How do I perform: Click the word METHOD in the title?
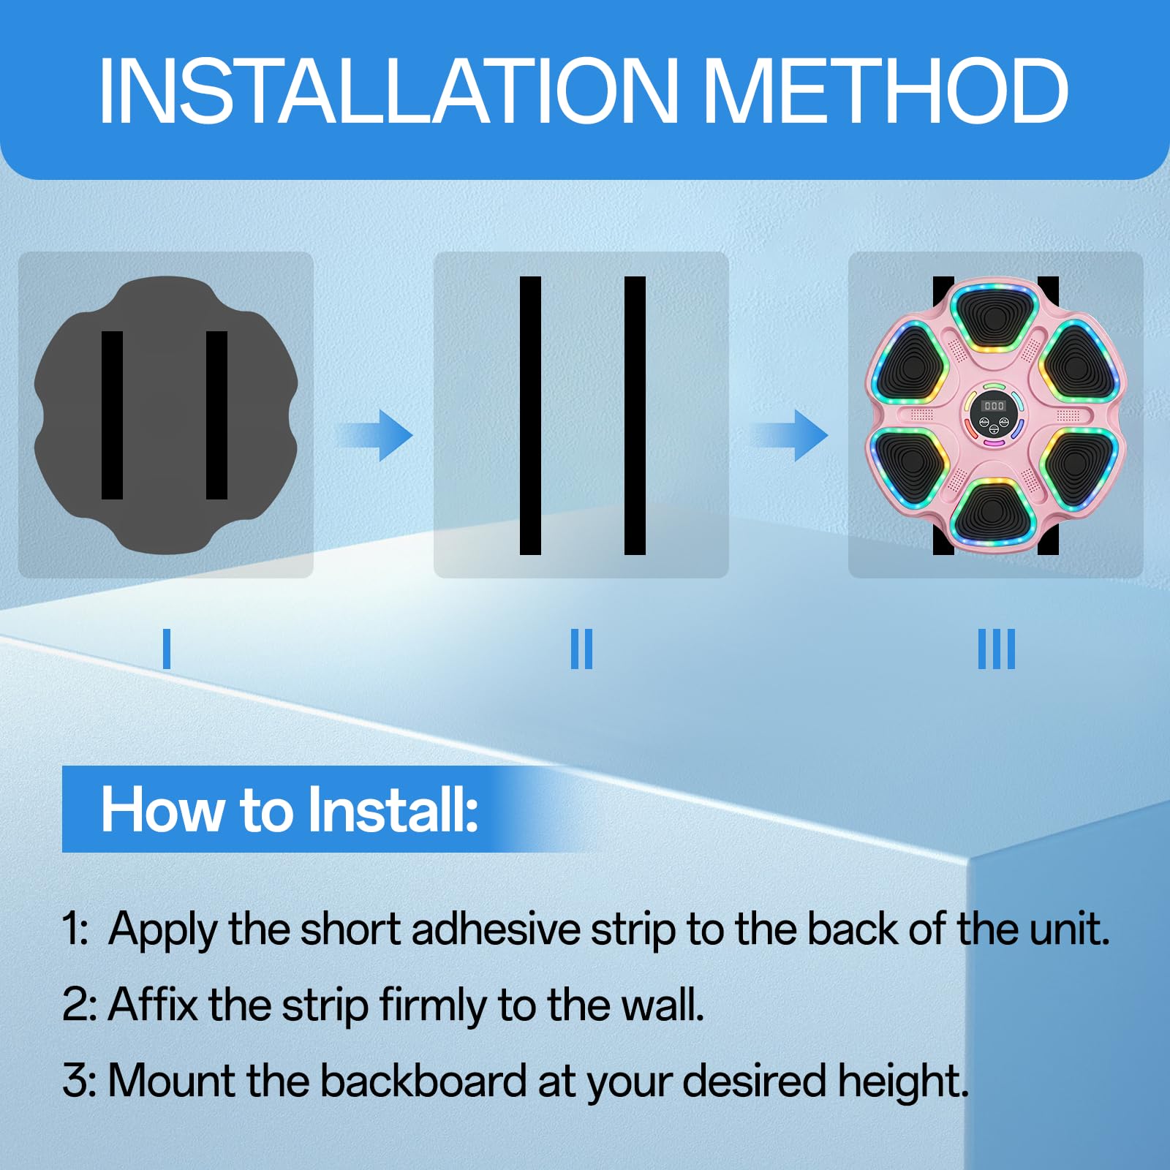point(886,91)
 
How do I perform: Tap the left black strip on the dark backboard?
point(112,415)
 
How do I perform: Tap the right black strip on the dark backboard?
point(217,415)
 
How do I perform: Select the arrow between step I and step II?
point(374,436)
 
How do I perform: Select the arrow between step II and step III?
point(790,436)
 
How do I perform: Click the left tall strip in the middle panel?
point(530,415)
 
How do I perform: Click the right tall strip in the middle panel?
point(635,415)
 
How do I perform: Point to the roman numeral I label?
point(167,649)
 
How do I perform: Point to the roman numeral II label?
point(581,649)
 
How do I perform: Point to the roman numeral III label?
point(997,649)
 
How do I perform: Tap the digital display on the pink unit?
point(994,405)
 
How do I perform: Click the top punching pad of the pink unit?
point(994,316)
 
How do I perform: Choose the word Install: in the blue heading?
point(393,809)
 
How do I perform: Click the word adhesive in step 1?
point(497,929)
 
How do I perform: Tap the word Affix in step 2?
point(153,1005)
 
